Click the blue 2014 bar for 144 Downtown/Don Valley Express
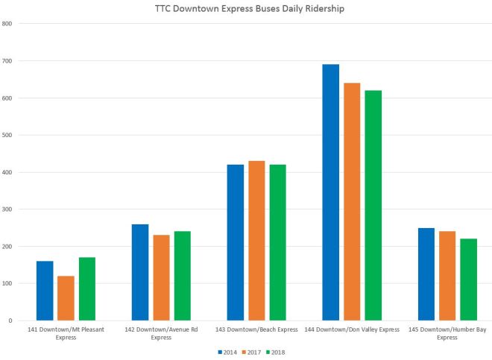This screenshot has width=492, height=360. [330, 192]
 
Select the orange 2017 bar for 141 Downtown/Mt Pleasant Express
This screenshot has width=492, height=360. [66, 298]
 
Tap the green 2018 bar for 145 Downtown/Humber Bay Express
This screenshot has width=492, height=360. [468, 280]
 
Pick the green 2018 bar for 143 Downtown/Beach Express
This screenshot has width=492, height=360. [277, 242]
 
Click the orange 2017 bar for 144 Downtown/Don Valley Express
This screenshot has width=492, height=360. [352, 201]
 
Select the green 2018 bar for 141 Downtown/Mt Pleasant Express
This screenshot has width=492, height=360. [86, 289]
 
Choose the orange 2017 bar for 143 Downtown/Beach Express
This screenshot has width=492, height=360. [256, 241]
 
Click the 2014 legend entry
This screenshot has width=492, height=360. [227, 352]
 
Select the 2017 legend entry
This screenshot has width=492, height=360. [251, 352]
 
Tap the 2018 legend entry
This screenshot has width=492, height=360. [275, 352]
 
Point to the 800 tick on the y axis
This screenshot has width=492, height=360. [8, 24]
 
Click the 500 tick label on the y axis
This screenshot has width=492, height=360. [8, 135]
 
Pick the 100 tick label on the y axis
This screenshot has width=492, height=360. [8, 284]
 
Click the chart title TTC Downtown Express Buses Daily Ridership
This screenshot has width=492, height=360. [246, 8]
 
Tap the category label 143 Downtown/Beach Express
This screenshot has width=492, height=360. [256, 329]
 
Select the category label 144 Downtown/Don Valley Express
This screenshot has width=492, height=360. [352, 329]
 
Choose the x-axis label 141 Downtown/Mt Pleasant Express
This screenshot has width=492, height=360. [66, 333]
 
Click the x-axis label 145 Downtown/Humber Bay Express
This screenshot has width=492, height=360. [447, 333]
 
